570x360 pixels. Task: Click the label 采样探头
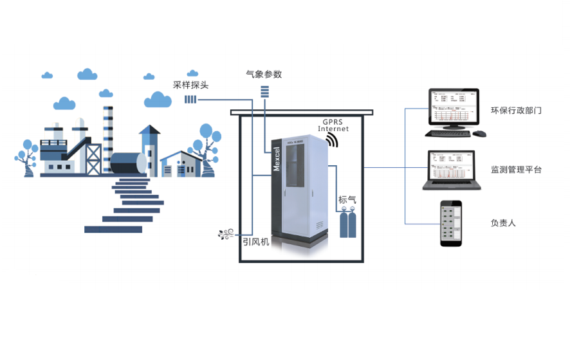[x=191, y=85]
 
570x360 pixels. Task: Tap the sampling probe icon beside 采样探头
[x=190, y=99]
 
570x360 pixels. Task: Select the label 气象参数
[x=264, y=74]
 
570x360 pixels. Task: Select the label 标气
[x=347, y=200]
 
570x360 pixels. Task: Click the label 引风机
[x=255, y=243]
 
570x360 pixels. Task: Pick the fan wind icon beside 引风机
[x=226, y=235]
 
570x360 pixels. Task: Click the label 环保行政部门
[x=516, y=111]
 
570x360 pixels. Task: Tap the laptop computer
[x=452, y=171]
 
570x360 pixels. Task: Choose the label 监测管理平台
[x=516, y=170]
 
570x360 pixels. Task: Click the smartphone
[x=452, y=223]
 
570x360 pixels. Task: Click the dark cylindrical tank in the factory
[x=128, y=163]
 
